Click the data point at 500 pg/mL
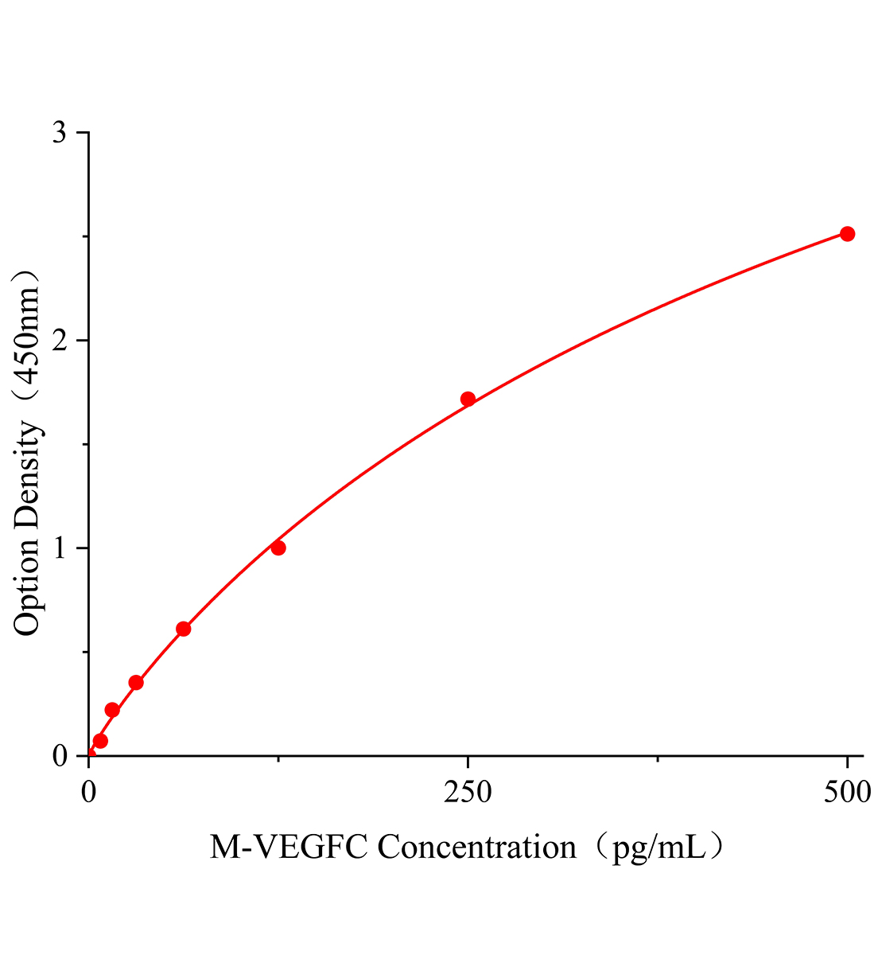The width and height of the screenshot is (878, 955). click(x=847, y=234)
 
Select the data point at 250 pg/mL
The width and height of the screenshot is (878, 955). click(x=468, y=399)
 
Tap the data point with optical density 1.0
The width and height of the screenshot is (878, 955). click(x=278, y=548)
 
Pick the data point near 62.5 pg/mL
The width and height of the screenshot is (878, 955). click(x=184, y=629)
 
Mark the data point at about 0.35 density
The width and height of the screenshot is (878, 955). click(x=136, y=682)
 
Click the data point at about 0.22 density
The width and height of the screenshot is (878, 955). click(x=112, y=710)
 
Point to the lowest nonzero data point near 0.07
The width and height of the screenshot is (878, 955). click(x=100, y=741)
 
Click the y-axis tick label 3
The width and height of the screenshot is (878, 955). click(x=59, y=133)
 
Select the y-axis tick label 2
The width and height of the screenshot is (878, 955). click(x=59, y=341)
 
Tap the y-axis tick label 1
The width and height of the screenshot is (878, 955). click(x=59, y=548)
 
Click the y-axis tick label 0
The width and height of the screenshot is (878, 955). click(x=59, y=756)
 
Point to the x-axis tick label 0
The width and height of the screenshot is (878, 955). click(x=89, y=792)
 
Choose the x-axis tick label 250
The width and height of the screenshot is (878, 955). click(x=468, y=792)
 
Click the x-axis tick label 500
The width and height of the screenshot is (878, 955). click(x=847, y=792)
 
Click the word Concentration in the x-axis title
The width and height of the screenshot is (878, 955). click(x=476, y=848)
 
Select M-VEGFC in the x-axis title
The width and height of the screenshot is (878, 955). click(x=289, y=848)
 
